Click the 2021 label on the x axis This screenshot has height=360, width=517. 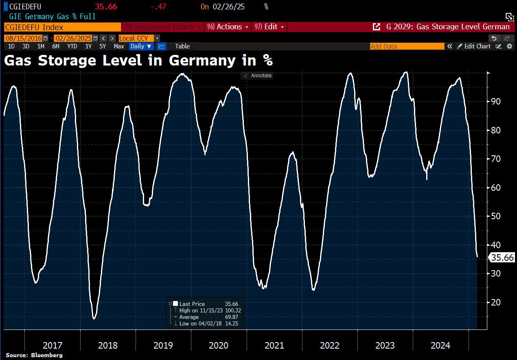274,346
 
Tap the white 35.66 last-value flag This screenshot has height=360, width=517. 502,257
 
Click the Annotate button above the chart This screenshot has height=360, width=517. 257,76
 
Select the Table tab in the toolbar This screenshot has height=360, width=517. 182,46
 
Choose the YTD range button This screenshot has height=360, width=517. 72,46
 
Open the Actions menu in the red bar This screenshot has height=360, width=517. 228,27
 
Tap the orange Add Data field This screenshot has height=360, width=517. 407,46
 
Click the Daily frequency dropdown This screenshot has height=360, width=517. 141,46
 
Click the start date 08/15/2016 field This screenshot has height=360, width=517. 23,38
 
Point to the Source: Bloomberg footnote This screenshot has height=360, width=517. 34,355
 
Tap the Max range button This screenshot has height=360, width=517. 119,46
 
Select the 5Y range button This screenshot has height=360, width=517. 103,46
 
